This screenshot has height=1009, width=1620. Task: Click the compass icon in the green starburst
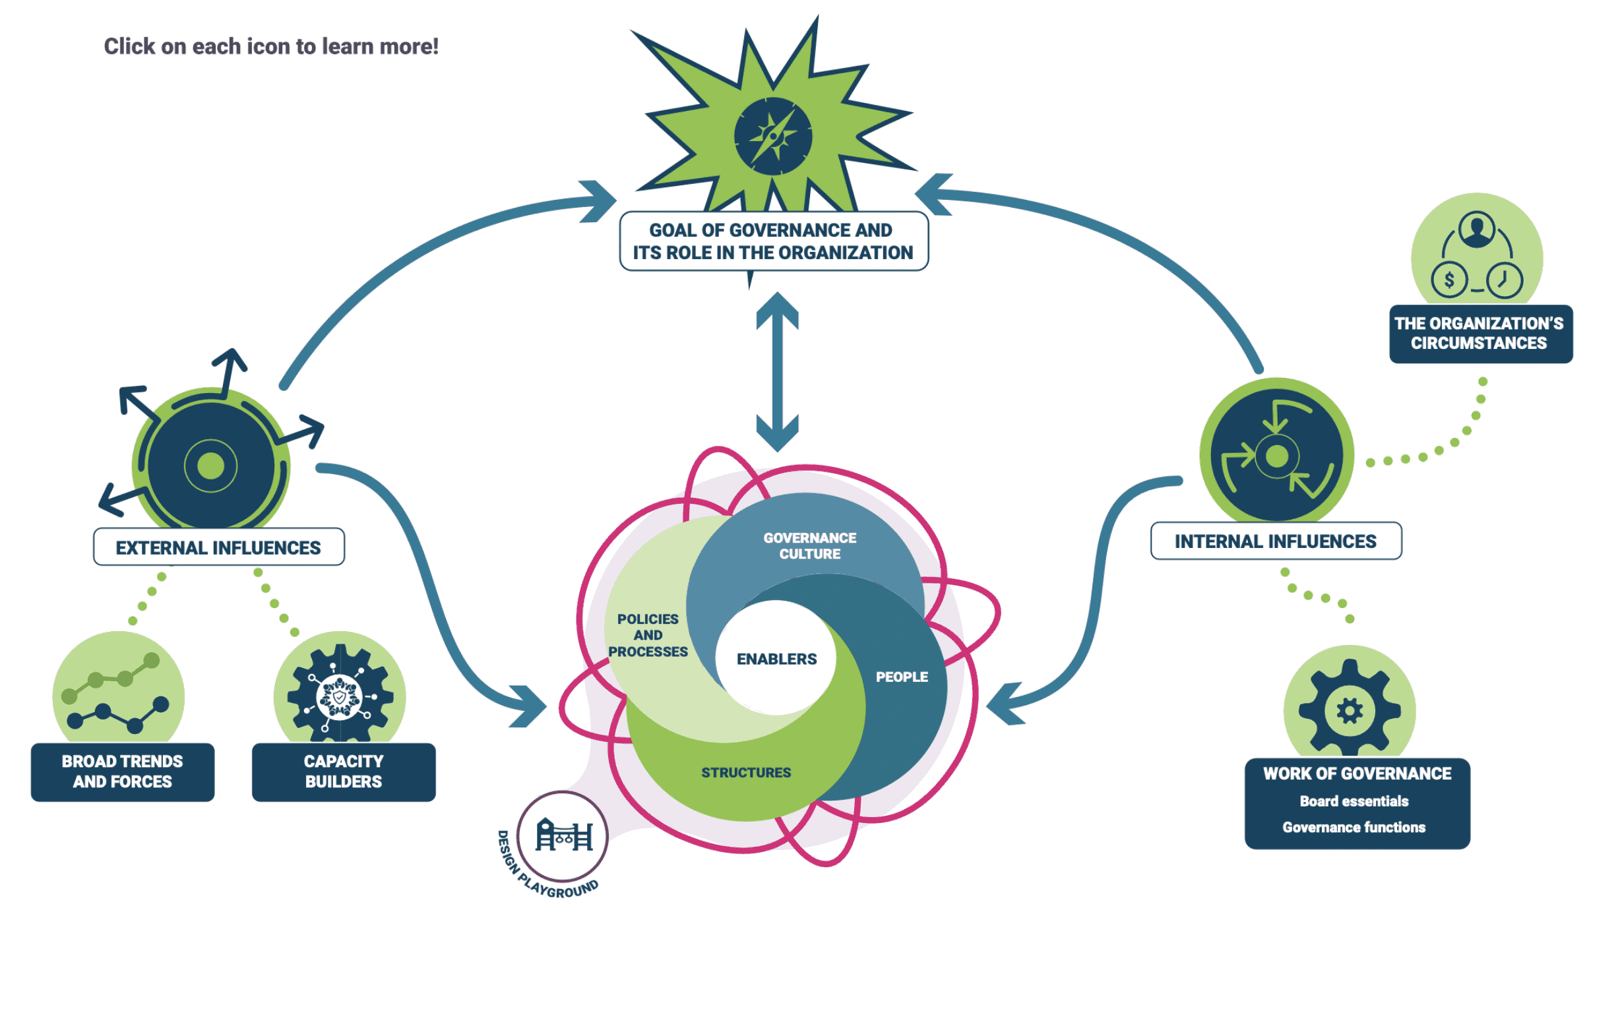point(773,136)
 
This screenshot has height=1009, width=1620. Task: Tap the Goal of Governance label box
point(774,241)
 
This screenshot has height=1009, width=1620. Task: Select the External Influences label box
point(218,547)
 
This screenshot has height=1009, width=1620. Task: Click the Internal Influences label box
point(1275,541)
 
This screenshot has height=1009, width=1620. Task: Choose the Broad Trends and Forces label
point(122,772)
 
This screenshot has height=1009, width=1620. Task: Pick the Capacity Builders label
point(343,772)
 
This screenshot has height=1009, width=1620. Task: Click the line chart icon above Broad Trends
point(118,694)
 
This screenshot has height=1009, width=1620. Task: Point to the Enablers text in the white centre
point(776,659)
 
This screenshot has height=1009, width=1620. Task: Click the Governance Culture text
point(809,546)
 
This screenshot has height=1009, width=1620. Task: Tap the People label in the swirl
point(901,677)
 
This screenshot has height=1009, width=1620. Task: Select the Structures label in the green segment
point(745,773)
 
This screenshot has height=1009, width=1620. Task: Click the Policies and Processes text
point(648,635)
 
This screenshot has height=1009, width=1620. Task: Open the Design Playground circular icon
point(563,837)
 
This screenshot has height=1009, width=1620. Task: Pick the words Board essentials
point(1354,801)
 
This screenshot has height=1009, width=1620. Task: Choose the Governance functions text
point(1354,828)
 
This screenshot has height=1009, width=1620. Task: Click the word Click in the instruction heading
point(129,46)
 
